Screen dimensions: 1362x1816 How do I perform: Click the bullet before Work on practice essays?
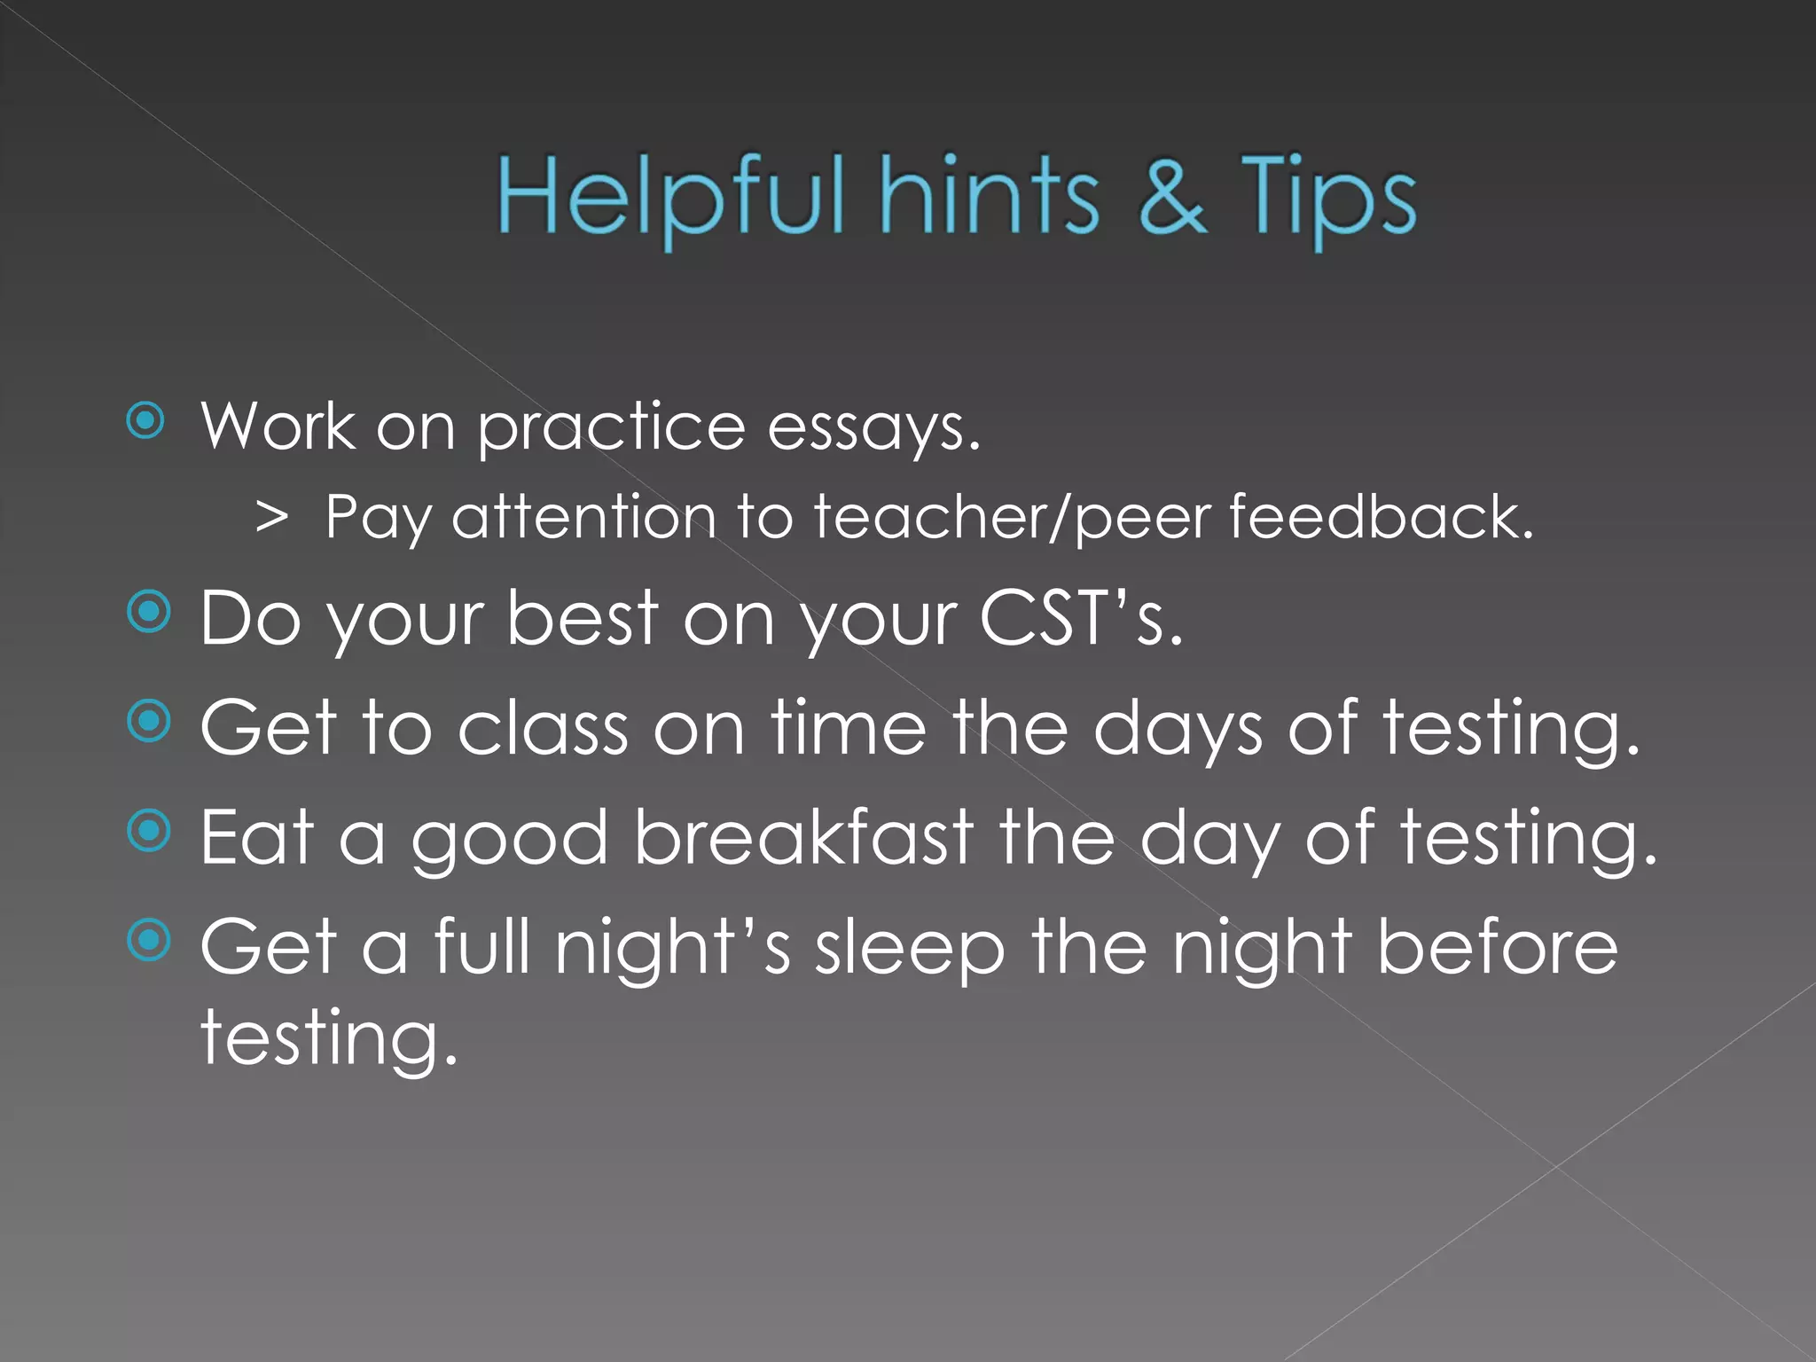click(146, 421)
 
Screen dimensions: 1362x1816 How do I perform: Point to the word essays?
click(873, 429)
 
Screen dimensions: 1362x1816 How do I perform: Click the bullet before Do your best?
click(148, 612)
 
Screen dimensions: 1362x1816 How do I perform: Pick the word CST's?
click(1081, 618)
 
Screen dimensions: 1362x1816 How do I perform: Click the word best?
click(583, 618)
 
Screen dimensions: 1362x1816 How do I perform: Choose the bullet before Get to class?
click(148, 722)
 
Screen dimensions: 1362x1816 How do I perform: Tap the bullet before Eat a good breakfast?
click(148, 831)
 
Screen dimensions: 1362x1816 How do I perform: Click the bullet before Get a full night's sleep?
click(148, 940)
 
